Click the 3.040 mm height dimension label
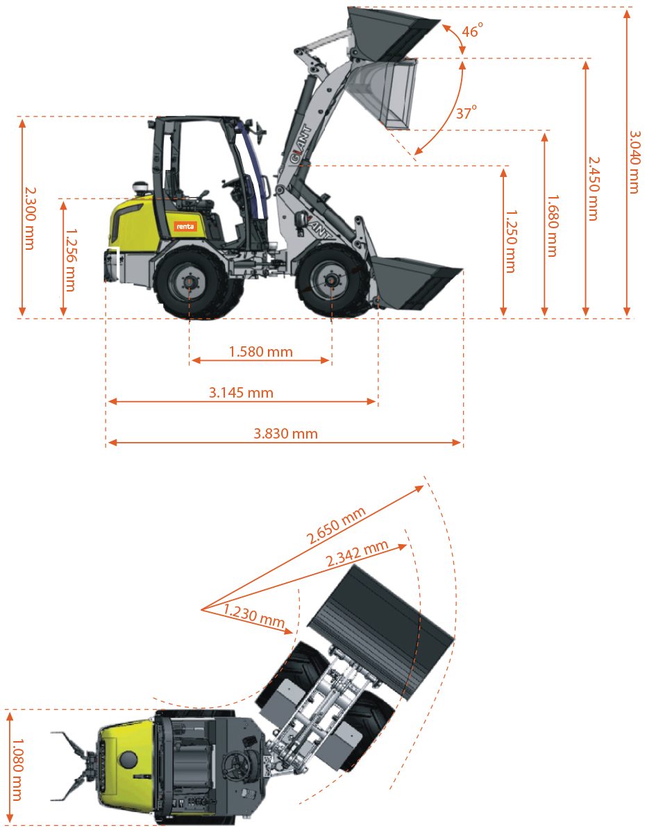[635, 162]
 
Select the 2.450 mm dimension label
[594, 189]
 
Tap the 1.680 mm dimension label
[552, 226]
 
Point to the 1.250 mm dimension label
[511, 242]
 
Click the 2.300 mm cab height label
[30, 218]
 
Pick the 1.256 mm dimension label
[71, 260]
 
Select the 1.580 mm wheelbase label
[260, 351]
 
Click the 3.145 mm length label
[241, 393]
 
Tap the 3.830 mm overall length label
[285, 434]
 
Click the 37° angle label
[466, 112]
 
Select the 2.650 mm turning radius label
[336, 525]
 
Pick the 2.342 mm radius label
[357, 553]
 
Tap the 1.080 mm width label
[17, 770]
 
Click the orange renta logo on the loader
[185, 226]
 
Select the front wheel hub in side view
[331, 281]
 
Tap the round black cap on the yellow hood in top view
[128, 759]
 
